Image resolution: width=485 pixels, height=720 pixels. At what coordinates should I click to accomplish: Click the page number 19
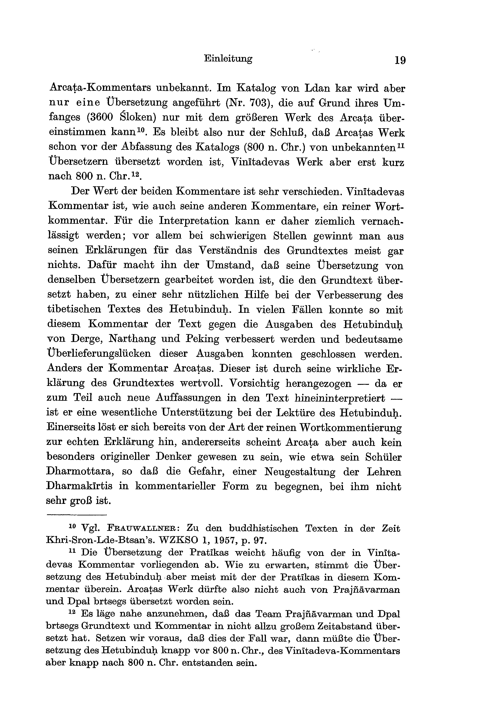[400, 59]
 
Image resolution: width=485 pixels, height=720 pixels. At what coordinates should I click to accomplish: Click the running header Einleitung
[228, 59]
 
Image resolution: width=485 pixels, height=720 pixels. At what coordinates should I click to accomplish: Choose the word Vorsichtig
[254, 384]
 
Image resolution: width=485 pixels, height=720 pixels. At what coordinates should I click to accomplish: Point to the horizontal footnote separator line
[76, 515]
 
